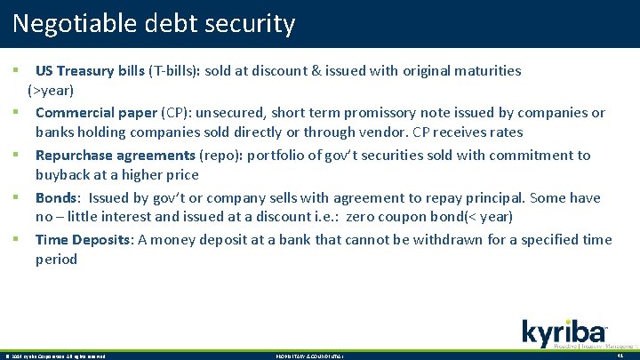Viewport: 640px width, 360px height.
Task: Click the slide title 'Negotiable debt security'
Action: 154,23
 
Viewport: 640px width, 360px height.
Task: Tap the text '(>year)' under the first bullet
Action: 51,91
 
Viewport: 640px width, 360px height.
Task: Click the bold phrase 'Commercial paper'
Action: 96,113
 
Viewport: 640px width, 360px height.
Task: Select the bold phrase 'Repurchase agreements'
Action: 116,156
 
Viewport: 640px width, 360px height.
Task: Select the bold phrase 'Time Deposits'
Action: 81,240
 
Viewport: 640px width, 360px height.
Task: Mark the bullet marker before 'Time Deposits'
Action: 16,239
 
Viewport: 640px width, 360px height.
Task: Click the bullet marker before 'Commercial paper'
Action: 16,112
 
